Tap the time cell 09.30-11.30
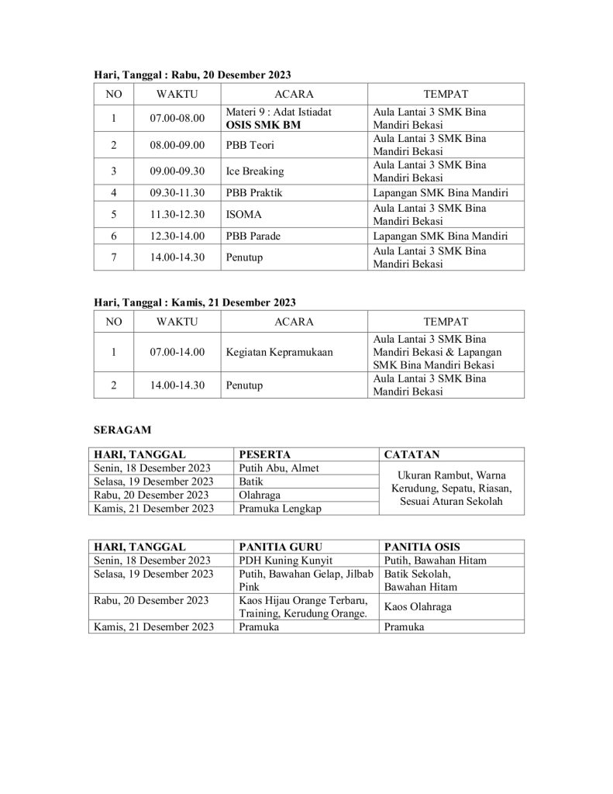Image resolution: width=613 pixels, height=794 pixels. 177,193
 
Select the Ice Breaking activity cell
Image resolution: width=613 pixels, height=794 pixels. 255,171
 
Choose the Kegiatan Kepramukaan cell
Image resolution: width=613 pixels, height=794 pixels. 279,352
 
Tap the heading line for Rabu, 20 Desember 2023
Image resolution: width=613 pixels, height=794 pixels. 192,74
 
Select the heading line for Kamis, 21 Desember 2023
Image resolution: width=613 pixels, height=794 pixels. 195,302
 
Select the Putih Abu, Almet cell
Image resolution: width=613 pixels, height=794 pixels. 279,468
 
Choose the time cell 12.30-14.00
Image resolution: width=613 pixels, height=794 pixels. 177,236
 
